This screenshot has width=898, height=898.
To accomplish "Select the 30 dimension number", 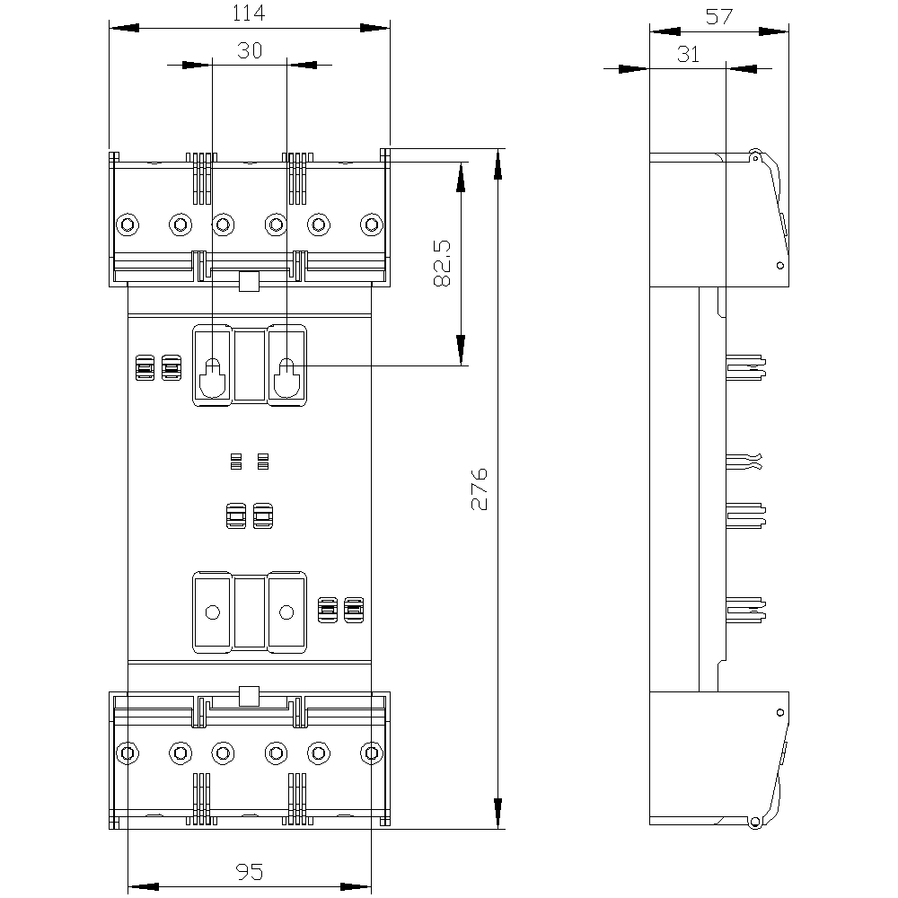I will (x=250, y=51).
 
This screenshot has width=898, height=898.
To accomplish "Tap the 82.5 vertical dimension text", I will (x=442, y=263).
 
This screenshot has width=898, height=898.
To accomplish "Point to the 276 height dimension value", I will (x=480, y=489).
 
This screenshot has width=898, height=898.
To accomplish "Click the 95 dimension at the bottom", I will (x=249, y=872).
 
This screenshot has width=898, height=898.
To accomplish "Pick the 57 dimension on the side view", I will (x=718, y=16).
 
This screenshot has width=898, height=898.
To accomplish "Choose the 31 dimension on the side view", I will (x=688, y=54).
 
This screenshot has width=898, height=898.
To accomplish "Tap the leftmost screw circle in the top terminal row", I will (x=128, y=223).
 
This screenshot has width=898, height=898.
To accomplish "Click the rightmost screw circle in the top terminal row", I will (x=370, y=223).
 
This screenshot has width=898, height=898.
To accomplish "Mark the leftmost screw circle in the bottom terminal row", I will (x=128, y=752).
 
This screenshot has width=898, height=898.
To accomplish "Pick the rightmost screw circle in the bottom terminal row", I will (x=370, y=752).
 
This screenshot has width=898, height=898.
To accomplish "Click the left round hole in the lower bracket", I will (x=212, y=612).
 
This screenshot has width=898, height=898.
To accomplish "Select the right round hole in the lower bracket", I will (x=286, y=612).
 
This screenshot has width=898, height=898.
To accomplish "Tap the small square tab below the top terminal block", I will (x=249, y=283).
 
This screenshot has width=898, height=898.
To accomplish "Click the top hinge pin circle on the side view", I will (x=755, y=156).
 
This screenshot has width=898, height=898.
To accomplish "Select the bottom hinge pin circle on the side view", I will (x=755, y=821).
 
